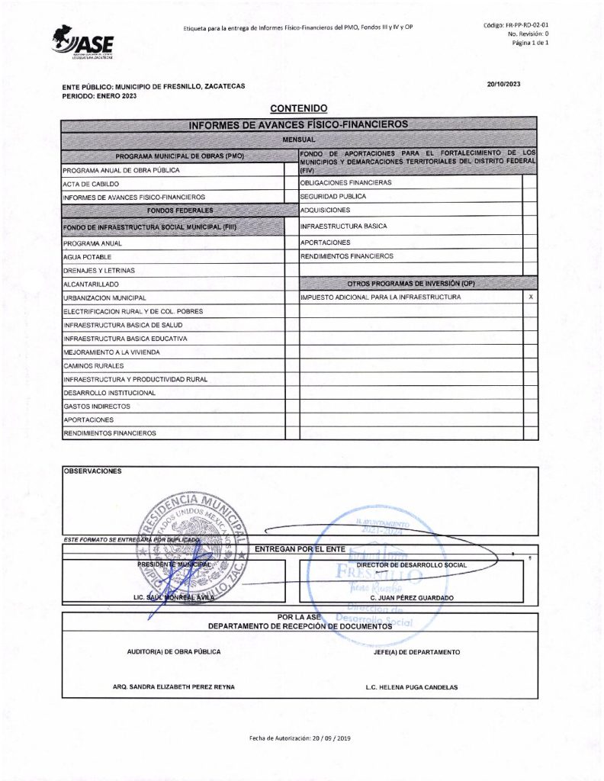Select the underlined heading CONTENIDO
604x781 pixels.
pyautogui.click(x=298, y=109)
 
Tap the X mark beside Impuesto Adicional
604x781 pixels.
pyautogui.click(x=530, y=296)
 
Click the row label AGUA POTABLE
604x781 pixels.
pyautogui.click(x=88, y=257)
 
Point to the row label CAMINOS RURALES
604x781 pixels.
pyautogui.click(x=94, y=366)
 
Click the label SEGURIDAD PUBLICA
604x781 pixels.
pyautogui.click(x=333, y=196)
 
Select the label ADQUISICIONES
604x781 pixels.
pyautogui.click(x=326, y=210)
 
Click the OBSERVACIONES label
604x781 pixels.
pyautogui.click(x=92, y=471)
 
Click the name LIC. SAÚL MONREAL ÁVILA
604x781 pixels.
pyautogui.click(x=175, y=598)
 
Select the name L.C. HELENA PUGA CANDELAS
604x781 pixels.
pyautogui.click(x=412, y=687)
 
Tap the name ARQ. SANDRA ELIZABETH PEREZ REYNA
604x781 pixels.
pyautogui.click(x=174, y=687)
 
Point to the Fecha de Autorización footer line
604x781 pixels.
pyautogui.click(x=300, y=738)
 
